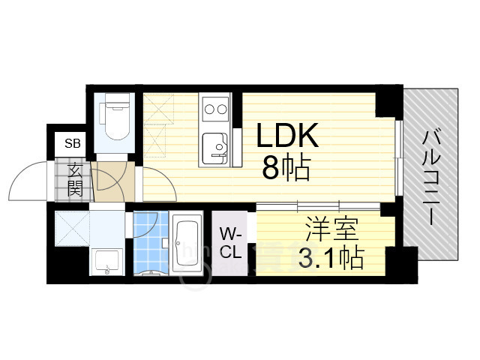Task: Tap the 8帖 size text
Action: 286,170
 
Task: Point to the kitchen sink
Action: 216,145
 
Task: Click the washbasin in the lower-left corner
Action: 106,262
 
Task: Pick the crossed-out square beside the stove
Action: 158,121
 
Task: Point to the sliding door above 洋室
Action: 322,205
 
